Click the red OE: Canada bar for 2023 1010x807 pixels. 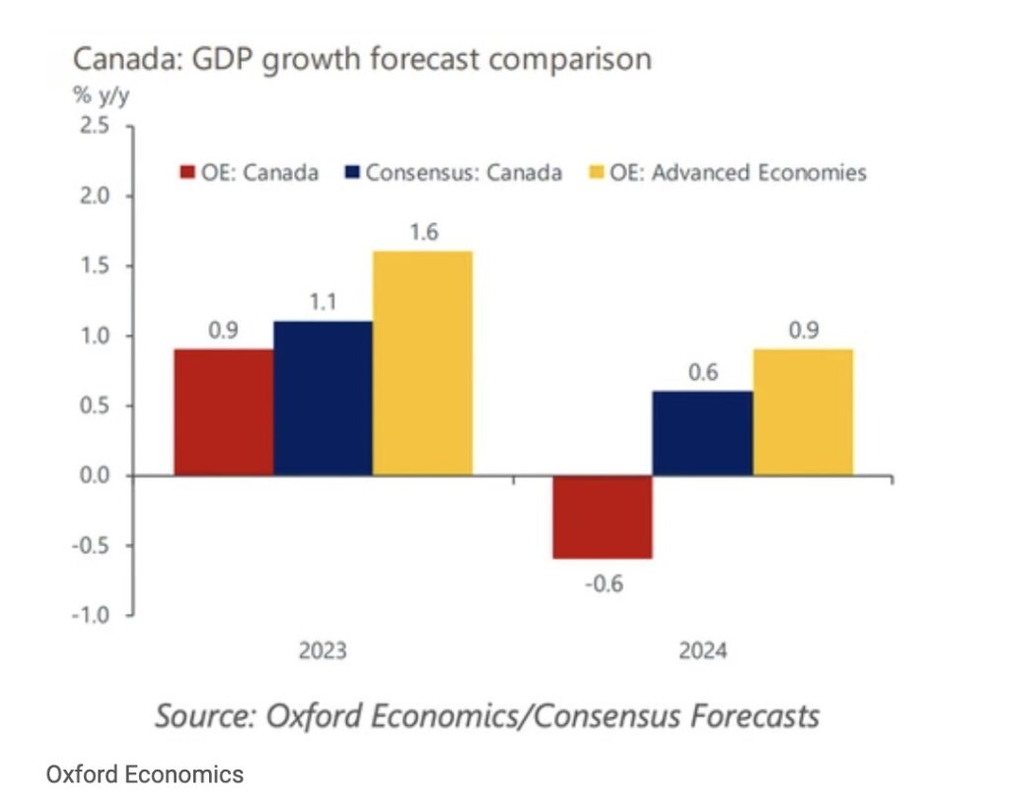(224, 411)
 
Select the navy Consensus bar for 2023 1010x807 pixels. (324, 398)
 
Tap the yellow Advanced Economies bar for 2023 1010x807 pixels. (423, 363)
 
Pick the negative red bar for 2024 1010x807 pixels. (603, 517)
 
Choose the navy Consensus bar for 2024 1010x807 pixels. (702, 433)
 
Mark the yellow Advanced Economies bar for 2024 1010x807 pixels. (802, 411)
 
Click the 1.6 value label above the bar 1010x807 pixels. (425, 234)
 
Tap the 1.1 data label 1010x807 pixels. (324, 304)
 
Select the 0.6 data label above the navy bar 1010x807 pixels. (703, 374)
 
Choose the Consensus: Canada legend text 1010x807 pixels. (464, 173)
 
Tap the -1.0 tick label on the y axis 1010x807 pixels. (91, 616)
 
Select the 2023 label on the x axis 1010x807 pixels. (323, 652)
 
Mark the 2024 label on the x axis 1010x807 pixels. (702, 652)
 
